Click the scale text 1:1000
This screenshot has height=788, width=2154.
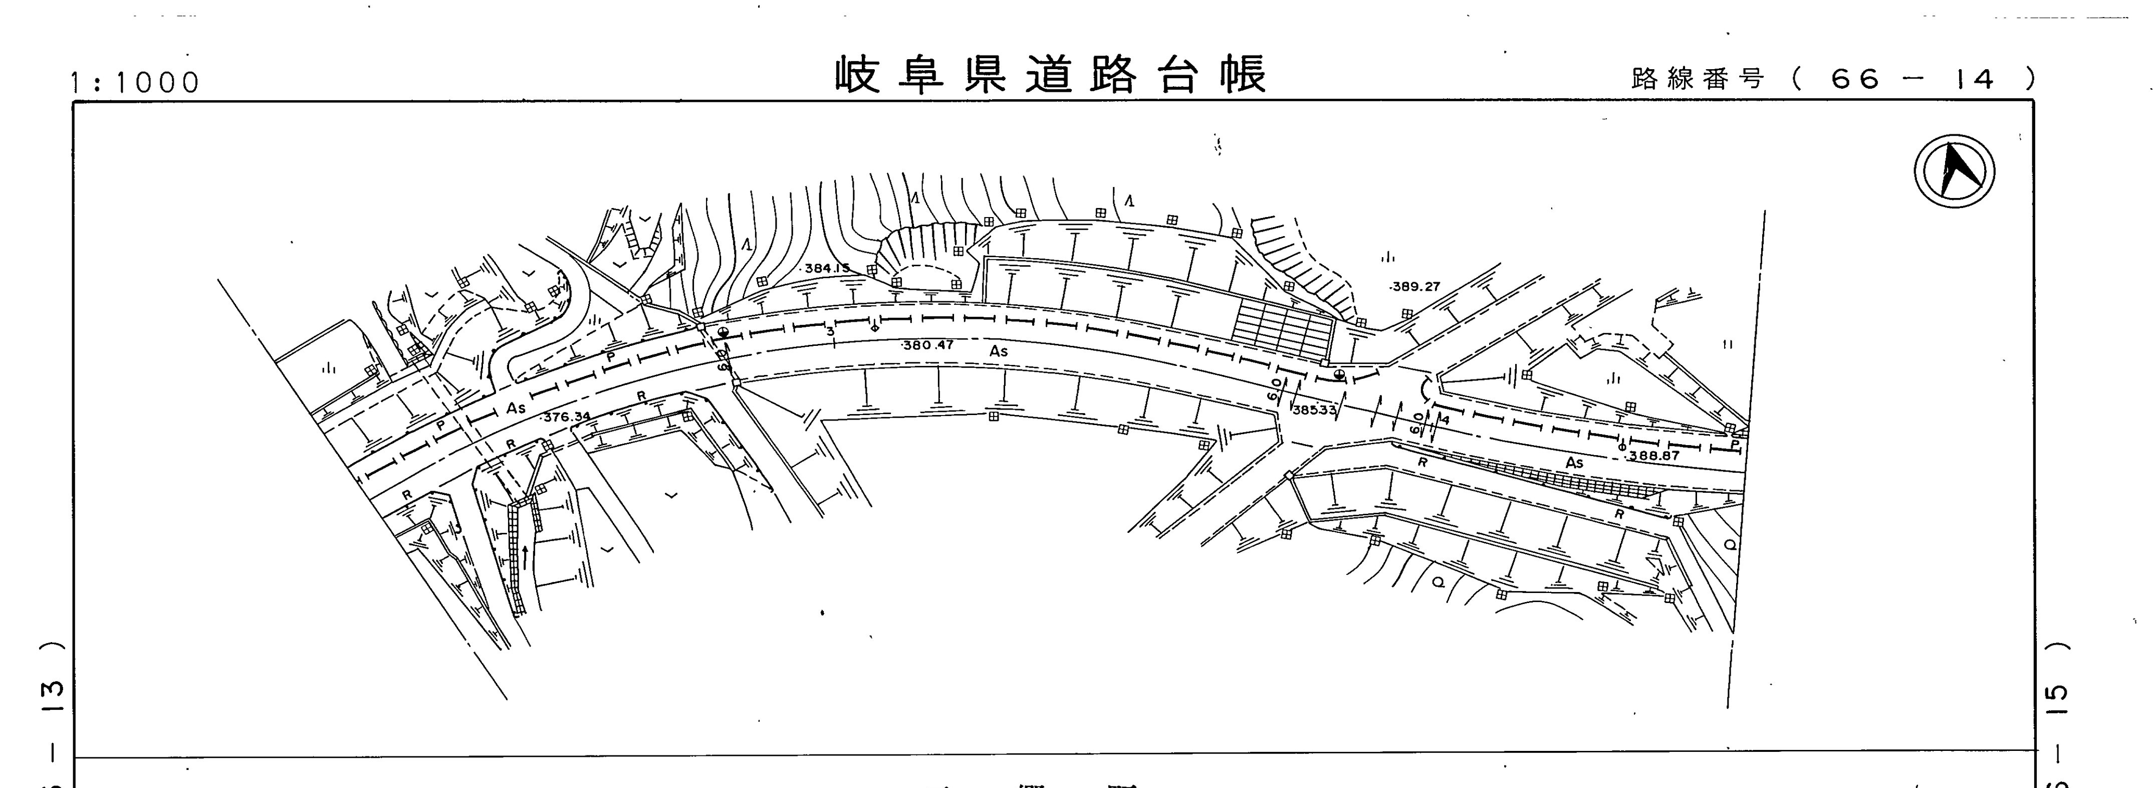pyautogui.click(x=135, y=83)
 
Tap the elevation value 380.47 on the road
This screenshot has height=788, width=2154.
pyautogui.click(x=928, y=345)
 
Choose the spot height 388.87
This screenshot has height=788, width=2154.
pyautogui.click(x=1654, y=456)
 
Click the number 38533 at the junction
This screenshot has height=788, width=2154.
pyautogui.click(x=1314, y=411)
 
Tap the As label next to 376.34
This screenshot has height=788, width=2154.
pyautogui.click(x=516, y=408)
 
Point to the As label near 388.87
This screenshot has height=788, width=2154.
pyautogui.click(x=1574, y=463)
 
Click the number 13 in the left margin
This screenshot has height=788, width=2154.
pyautogui.click(x=52, y=690)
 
